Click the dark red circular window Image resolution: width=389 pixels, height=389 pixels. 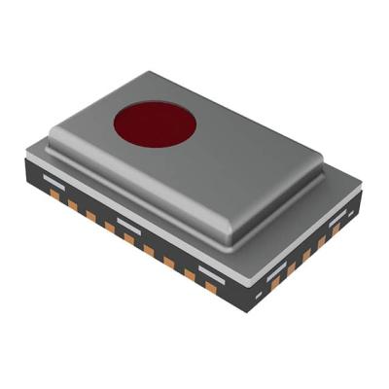tap(155, 124)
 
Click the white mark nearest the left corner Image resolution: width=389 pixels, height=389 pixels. tap(54, 181)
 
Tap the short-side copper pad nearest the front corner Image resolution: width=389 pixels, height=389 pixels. tap(275, 283)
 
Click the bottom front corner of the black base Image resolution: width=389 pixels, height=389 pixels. tap(249, 310)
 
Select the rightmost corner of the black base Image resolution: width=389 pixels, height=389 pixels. tap(362, 192)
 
